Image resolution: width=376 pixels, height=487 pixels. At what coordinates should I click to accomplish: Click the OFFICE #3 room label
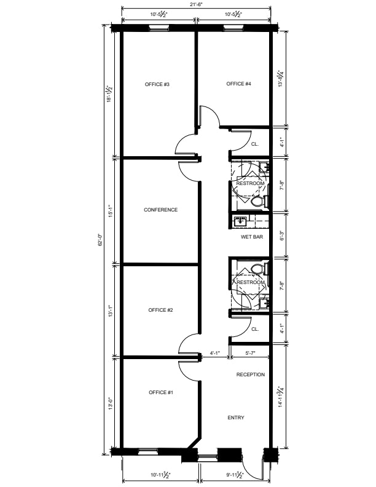click(157, 84)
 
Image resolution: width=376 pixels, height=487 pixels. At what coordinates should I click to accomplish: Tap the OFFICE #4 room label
click(238, 84)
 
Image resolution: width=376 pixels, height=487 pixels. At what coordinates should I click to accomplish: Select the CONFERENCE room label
click(161, 210)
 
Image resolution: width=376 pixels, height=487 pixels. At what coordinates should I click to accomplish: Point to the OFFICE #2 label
click(160, 311)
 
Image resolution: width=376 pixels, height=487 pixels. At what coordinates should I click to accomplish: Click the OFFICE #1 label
click(161, 392)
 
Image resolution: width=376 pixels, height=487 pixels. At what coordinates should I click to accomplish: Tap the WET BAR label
click(252, 237)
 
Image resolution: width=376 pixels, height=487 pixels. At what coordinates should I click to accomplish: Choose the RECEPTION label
click(251, 375)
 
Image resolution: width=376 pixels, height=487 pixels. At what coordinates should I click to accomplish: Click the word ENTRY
click(236, 418)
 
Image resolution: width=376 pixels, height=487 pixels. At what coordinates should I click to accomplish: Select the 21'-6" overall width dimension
click(197, 4)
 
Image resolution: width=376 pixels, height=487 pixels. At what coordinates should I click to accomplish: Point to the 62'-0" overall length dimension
click(100, 240)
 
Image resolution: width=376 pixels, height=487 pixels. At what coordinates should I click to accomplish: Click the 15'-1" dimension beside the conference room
click(111, 211)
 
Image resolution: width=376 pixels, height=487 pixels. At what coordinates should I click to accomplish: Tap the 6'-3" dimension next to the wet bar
click(281, 236)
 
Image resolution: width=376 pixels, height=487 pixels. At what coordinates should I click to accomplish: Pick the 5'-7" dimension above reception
click(250, 353)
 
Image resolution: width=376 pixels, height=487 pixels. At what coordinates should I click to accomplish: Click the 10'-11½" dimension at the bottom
click(161, 475)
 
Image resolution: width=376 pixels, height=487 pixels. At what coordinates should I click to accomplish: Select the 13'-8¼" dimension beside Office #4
click(281, 78)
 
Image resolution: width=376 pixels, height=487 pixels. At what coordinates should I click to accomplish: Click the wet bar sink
click(241, 221)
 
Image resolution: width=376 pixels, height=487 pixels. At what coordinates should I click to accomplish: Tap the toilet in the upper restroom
click(258, 202)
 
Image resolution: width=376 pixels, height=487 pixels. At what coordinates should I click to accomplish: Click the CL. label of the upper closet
click(255, 144)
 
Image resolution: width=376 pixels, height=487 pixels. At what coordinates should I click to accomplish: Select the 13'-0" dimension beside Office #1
click(111, 404)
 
